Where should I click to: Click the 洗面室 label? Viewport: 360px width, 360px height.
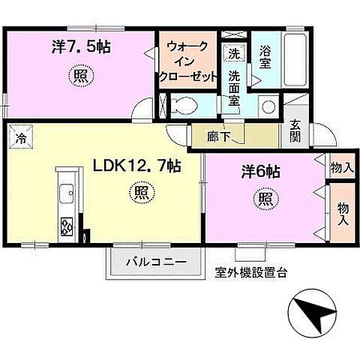pos(235,88)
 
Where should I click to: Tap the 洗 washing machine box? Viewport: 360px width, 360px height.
pos(234,54)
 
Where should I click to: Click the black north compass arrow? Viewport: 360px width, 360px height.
pos(318,314)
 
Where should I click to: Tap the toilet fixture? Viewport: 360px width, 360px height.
pos(182,105)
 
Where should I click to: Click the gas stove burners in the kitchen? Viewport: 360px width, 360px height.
pos(66,226)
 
